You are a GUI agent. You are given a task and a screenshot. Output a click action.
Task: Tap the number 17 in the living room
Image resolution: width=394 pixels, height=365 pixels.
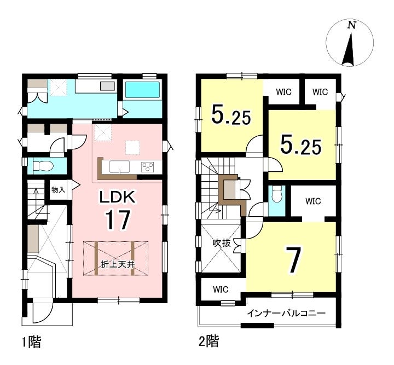coord(117,220)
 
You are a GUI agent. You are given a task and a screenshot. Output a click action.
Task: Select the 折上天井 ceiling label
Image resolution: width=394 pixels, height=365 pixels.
coord(118,265)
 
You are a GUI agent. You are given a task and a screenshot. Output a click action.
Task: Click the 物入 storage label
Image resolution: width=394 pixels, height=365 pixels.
coord(58,190)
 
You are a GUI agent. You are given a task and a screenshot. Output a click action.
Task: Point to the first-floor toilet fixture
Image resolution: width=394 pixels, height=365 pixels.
coord(43,166)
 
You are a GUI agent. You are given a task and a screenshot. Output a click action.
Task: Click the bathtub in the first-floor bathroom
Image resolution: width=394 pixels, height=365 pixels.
coord(142,90)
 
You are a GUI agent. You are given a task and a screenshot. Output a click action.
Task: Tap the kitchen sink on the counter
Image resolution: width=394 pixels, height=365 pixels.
coord(120,166)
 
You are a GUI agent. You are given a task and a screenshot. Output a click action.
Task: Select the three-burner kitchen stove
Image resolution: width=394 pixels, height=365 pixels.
coord(148,166)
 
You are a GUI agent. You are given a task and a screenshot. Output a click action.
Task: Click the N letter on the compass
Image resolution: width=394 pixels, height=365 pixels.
coord(352,25)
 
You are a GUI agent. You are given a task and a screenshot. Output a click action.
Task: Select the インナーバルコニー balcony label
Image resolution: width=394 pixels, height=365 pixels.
coord(286,313)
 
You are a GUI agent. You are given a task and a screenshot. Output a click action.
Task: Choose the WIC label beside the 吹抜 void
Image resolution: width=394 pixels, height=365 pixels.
coord(221,289)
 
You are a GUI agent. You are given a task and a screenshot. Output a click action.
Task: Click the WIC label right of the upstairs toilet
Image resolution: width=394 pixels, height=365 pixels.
coord(313,201)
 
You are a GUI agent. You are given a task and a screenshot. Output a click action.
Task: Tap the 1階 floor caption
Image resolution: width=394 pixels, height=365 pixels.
coord(31,342)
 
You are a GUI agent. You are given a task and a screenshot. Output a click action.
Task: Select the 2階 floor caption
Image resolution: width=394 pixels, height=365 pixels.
coord(209,341)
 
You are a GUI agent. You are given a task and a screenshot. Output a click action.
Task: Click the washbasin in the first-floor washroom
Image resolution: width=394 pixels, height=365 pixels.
coord(108,86)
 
